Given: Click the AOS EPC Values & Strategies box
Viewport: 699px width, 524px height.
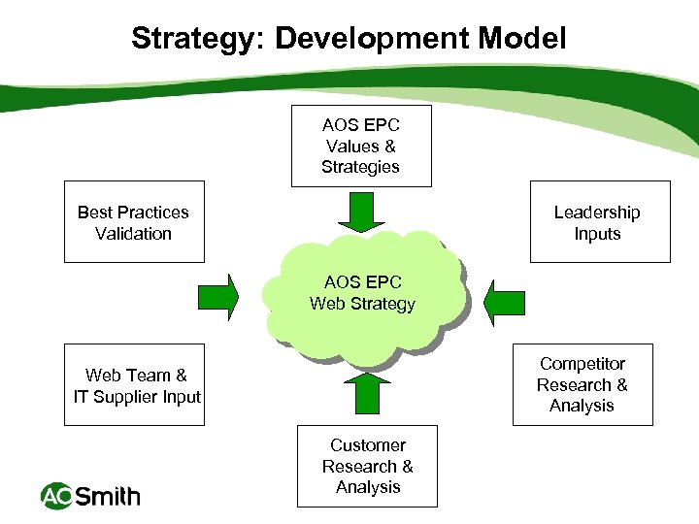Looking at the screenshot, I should pyautogui.click(x=361, y=146).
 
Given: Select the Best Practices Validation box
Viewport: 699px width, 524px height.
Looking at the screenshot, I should pyautogui.click(x=134, y=222).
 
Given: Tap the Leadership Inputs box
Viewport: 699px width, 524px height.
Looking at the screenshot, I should pyautogui.click(x=599, y=222).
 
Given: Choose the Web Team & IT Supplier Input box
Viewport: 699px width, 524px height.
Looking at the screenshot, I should pyautogui.click(x=135, y=385).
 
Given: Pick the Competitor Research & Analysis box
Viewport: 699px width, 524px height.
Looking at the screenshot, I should pyautogui.click(x=582, y=384).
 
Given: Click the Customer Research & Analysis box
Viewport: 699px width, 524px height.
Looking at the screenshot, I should pyautogui.click(x=367, y=466).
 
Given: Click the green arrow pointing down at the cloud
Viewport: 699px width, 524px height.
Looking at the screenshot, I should pyautogui.click(x=361, y=213).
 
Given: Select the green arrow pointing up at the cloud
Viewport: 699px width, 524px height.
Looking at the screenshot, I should pyautogui.click(x=367, y=392).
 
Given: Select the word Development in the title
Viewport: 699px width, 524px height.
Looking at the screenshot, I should pyautogui.click(x=372, y=39).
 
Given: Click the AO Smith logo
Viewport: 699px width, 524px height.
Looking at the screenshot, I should pyautogui.click(x=90, y=497).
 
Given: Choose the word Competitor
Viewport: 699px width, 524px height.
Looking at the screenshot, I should pyautogui.click(x=582, y=364).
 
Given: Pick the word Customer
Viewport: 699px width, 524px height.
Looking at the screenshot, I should pyautogui.click(x=368, y=445).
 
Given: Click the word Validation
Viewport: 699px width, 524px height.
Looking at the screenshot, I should pyautogui.click(x=134, y=233).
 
